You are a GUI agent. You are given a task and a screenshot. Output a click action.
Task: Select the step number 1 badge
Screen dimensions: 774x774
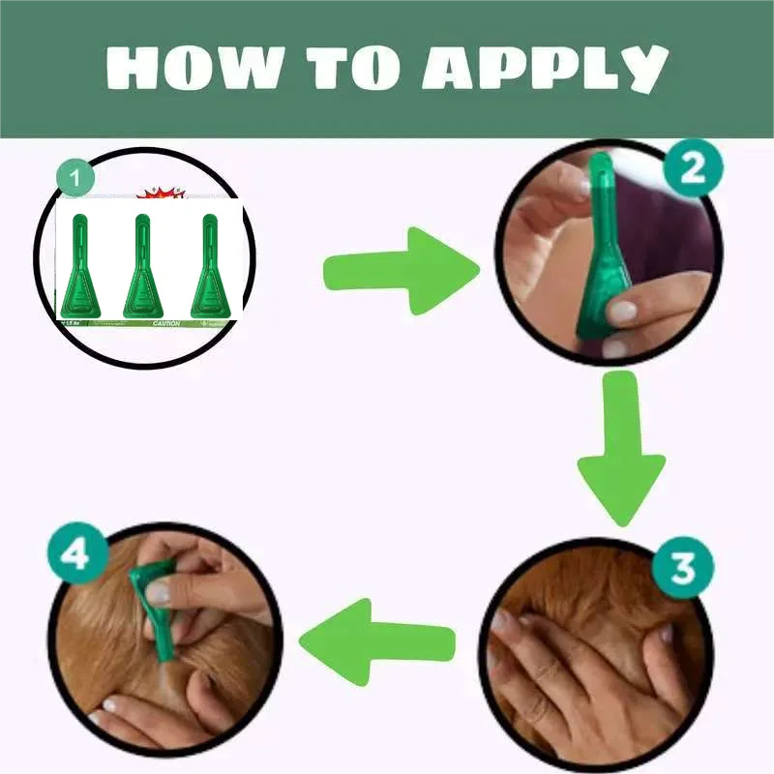[x=75, y=181]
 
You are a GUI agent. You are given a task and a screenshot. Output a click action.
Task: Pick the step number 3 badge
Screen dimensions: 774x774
[x=683, y=567]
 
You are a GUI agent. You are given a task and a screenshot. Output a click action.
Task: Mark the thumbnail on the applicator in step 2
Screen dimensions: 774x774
[x=620, y=312]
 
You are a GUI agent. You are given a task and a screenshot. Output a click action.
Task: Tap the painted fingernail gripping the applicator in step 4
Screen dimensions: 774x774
[x=158, y=592]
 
